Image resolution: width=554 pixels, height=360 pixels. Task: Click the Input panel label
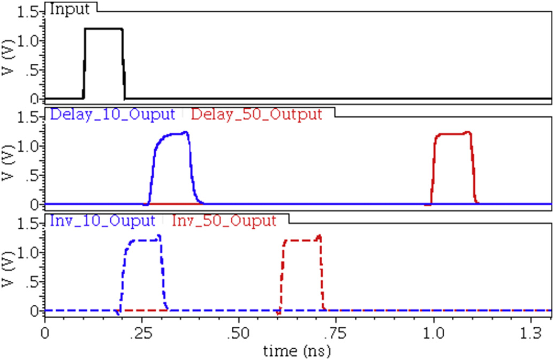[71, 9]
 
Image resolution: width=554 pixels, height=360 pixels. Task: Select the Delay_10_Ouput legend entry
[112, 114]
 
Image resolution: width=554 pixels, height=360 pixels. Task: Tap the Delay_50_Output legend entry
[256, 114]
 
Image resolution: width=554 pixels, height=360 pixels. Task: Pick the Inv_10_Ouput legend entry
[102, 220]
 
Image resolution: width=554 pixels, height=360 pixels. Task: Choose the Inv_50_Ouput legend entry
[224, 220]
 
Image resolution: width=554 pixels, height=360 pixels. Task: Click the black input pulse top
[104, 29]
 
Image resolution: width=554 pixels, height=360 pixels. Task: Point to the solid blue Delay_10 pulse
[171, 134]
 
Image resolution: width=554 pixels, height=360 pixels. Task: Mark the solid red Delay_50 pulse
[453, 134]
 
